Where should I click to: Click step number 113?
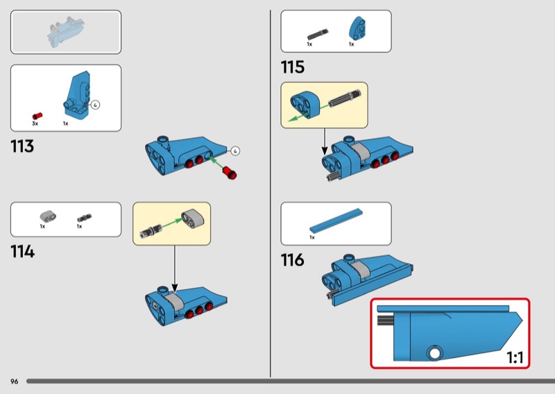tap(22, 146)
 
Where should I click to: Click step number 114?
tap(23, 252)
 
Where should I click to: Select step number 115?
tap(292, 67)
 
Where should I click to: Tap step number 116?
tap(292, 260)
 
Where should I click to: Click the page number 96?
tap(14, 382)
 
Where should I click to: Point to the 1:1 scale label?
tap(515, 357)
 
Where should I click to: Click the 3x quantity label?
tap(35, 123)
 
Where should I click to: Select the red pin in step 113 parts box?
tap(37, 116)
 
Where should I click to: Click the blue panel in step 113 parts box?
tap(76, 96)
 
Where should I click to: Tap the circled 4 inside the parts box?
tap(95, 105)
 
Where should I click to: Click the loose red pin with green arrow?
tap(230, 173)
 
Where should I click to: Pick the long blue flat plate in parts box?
tap(336, 221)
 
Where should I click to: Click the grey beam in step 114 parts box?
tap(48, 216)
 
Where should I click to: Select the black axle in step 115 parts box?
tap(318, 35)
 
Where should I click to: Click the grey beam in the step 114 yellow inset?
tap(193, 219)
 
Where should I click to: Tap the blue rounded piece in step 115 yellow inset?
tap(305, 105)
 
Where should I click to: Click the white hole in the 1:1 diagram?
tap(434, 353)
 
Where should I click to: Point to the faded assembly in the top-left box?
tap(66, 32)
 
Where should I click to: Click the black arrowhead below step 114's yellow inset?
tap(175, 287)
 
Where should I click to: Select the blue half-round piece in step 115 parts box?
tap(357, 28)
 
